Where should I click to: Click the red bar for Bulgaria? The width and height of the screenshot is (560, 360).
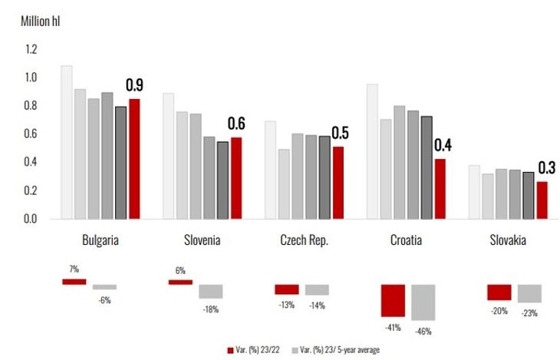pos(134,159)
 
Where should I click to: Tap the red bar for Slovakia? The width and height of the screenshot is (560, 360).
pos(542,200)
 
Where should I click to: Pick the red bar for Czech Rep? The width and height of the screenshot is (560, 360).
pos(338,183)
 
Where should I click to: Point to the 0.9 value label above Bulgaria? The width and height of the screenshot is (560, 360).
pos(134,85)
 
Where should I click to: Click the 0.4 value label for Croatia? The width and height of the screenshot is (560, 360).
pos(443,144)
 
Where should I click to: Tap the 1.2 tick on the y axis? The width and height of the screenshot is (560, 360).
pos(31,49)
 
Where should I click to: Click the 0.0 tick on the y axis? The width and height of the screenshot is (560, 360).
pos(31,219)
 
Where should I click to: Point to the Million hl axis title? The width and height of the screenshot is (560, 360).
pos(40,21)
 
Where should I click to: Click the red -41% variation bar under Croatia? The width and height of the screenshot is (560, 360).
pos(393,300)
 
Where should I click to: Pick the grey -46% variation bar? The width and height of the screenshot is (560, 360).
pos(423,302)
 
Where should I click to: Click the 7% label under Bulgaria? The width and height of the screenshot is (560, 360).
pos(74,270)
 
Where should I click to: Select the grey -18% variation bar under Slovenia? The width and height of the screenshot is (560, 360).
pos(210,292)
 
